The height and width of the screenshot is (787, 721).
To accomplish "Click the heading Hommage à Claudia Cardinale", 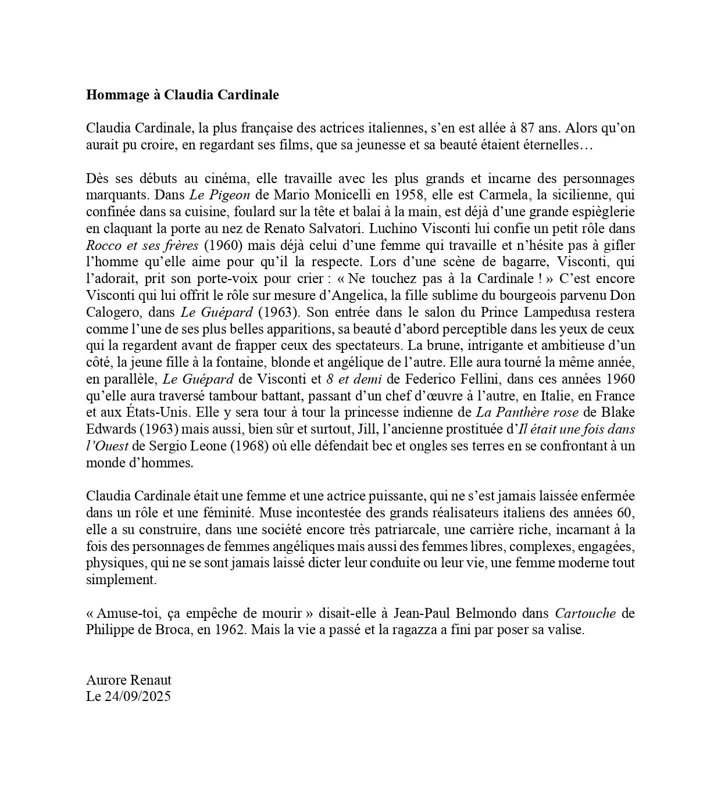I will (x=182, y=95).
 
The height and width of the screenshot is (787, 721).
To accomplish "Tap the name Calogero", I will (x=110, y=312).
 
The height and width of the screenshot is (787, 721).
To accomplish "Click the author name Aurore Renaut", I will (x=129, y=680).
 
